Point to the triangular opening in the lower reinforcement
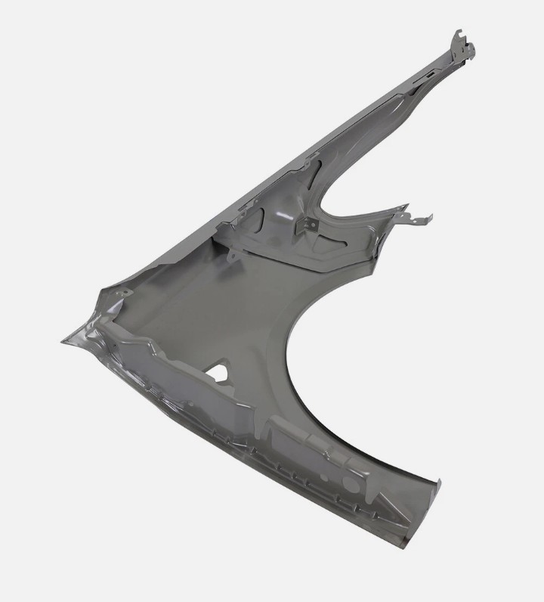click(218, 372)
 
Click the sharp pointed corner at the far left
click(63, 342)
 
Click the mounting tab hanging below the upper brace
click(233, 258)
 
